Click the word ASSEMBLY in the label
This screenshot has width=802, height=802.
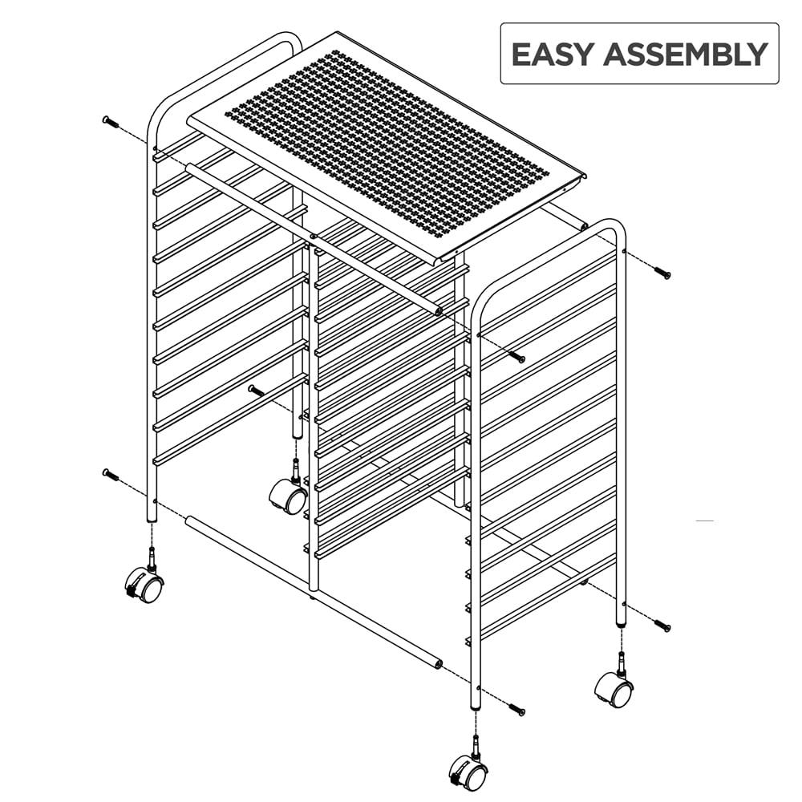[686, 55]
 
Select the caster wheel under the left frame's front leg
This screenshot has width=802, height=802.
[144, 585]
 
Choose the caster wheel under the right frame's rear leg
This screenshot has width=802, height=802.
[614, 690]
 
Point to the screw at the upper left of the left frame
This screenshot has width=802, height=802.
[111, 122]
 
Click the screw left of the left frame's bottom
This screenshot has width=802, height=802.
[111, 475]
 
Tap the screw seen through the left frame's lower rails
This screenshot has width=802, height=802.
[257, 391]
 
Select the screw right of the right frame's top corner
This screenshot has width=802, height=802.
[662, 273]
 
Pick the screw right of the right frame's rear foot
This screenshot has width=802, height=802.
[662, 625]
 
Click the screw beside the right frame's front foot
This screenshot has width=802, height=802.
[516, 710]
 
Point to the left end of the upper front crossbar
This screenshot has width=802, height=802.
[190, 168]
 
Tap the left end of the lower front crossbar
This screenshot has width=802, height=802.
[190, 521]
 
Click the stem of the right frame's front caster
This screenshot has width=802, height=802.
[476, 748]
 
